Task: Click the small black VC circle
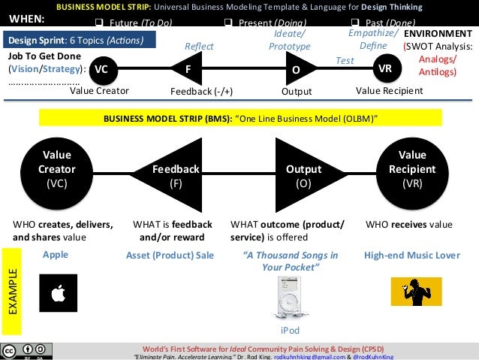(x=101, y=69)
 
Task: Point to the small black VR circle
(x=385, y=69)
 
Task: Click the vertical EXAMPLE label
(x=12, y=291)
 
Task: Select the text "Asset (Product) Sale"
(x=170, y=255)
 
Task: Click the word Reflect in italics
(x=199, y=47)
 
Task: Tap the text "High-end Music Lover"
(x=411, y=255)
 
